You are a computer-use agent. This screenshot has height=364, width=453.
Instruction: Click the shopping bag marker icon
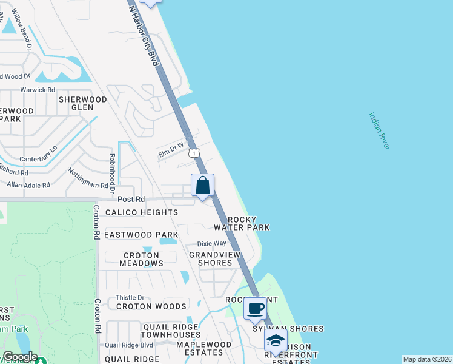pos(203,185)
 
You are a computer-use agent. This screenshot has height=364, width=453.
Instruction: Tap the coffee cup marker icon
pos(255,308)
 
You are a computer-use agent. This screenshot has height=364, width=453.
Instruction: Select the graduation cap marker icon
pos(276,340)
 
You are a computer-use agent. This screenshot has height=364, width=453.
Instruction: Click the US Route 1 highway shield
pos(193,153)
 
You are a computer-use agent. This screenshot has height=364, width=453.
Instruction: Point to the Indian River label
pos(380,130)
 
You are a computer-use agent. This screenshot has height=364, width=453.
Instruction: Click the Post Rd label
pos(131,199)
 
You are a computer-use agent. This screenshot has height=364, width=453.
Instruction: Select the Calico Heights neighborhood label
pos(142,212)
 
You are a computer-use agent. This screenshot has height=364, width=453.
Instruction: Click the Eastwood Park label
pos(141,235)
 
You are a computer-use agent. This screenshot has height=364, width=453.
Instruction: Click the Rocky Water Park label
pos(246,223)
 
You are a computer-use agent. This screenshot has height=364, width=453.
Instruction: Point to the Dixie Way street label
pos(211,243)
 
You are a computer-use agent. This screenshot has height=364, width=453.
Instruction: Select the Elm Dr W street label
pos(171,150)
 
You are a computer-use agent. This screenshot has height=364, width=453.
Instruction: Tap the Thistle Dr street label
pos(130,298)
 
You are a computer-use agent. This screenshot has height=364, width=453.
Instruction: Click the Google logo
pos(19,357)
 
